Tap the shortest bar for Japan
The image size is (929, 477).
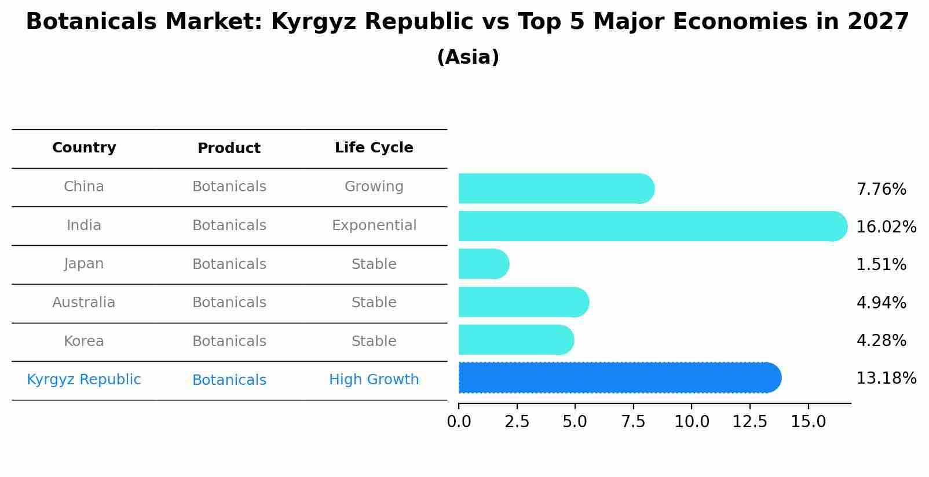[x=483, y=264]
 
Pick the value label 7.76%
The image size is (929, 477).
[x=881, y=190]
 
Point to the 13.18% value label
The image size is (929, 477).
[x=886, y=378]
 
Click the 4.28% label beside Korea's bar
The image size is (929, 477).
[x=881, y=341]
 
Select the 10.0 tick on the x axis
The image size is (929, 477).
[x=692, y=422]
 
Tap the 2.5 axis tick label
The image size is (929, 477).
[x=517, y=422]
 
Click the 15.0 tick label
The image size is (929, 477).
[x=808, y=422]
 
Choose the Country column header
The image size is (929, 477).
[x=84, y=148]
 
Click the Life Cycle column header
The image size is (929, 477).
[x=374, y=148]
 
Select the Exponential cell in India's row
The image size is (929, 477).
[x=374, y=225]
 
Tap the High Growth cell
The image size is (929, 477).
[x=374, y=380]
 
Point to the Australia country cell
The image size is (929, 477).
[x=84, y=303]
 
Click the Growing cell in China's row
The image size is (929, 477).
[x=374, y=187]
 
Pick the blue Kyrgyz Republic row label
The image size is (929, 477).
[x=84, y=380]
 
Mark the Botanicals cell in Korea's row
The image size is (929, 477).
[x=229, y=341]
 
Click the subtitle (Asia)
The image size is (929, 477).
[x=468, y=57]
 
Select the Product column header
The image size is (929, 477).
[x=229, y=148]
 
